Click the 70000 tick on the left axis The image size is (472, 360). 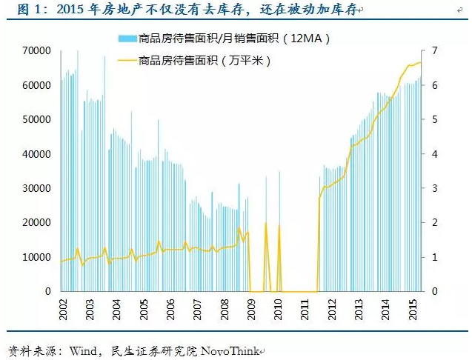click(x=36, y=50)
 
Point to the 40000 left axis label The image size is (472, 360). click(x=36, y=153)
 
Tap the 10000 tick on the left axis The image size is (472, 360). click(x=36, y=257)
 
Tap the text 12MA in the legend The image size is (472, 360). click(x=304, y=38)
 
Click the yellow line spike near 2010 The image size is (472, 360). click(x=279, y=225)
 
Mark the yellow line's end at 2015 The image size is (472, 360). click(x=420, y=63)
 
